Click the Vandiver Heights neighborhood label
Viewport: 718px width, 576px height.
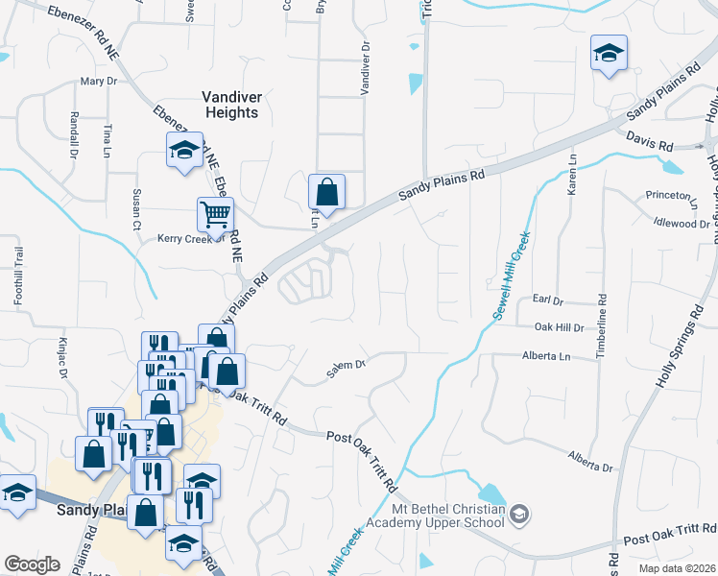[230, 105]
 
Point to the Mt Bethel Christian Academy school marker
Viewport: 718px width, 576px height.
[519, 515]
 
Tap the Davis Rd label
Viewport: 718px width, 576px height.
[650, 141]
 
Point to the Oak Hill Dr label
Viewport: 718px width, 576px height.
[558, 327]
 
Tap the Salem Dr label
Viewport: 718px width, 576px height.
[347, 365]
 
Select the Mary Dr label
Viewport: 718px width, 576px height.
[98, 82]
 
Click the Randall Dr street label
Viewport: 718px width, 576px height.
[72, 133]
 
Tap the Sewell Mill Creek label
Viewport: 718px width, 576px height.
[506, 278]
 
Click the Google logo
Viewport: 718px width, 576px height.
[32, 564]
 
